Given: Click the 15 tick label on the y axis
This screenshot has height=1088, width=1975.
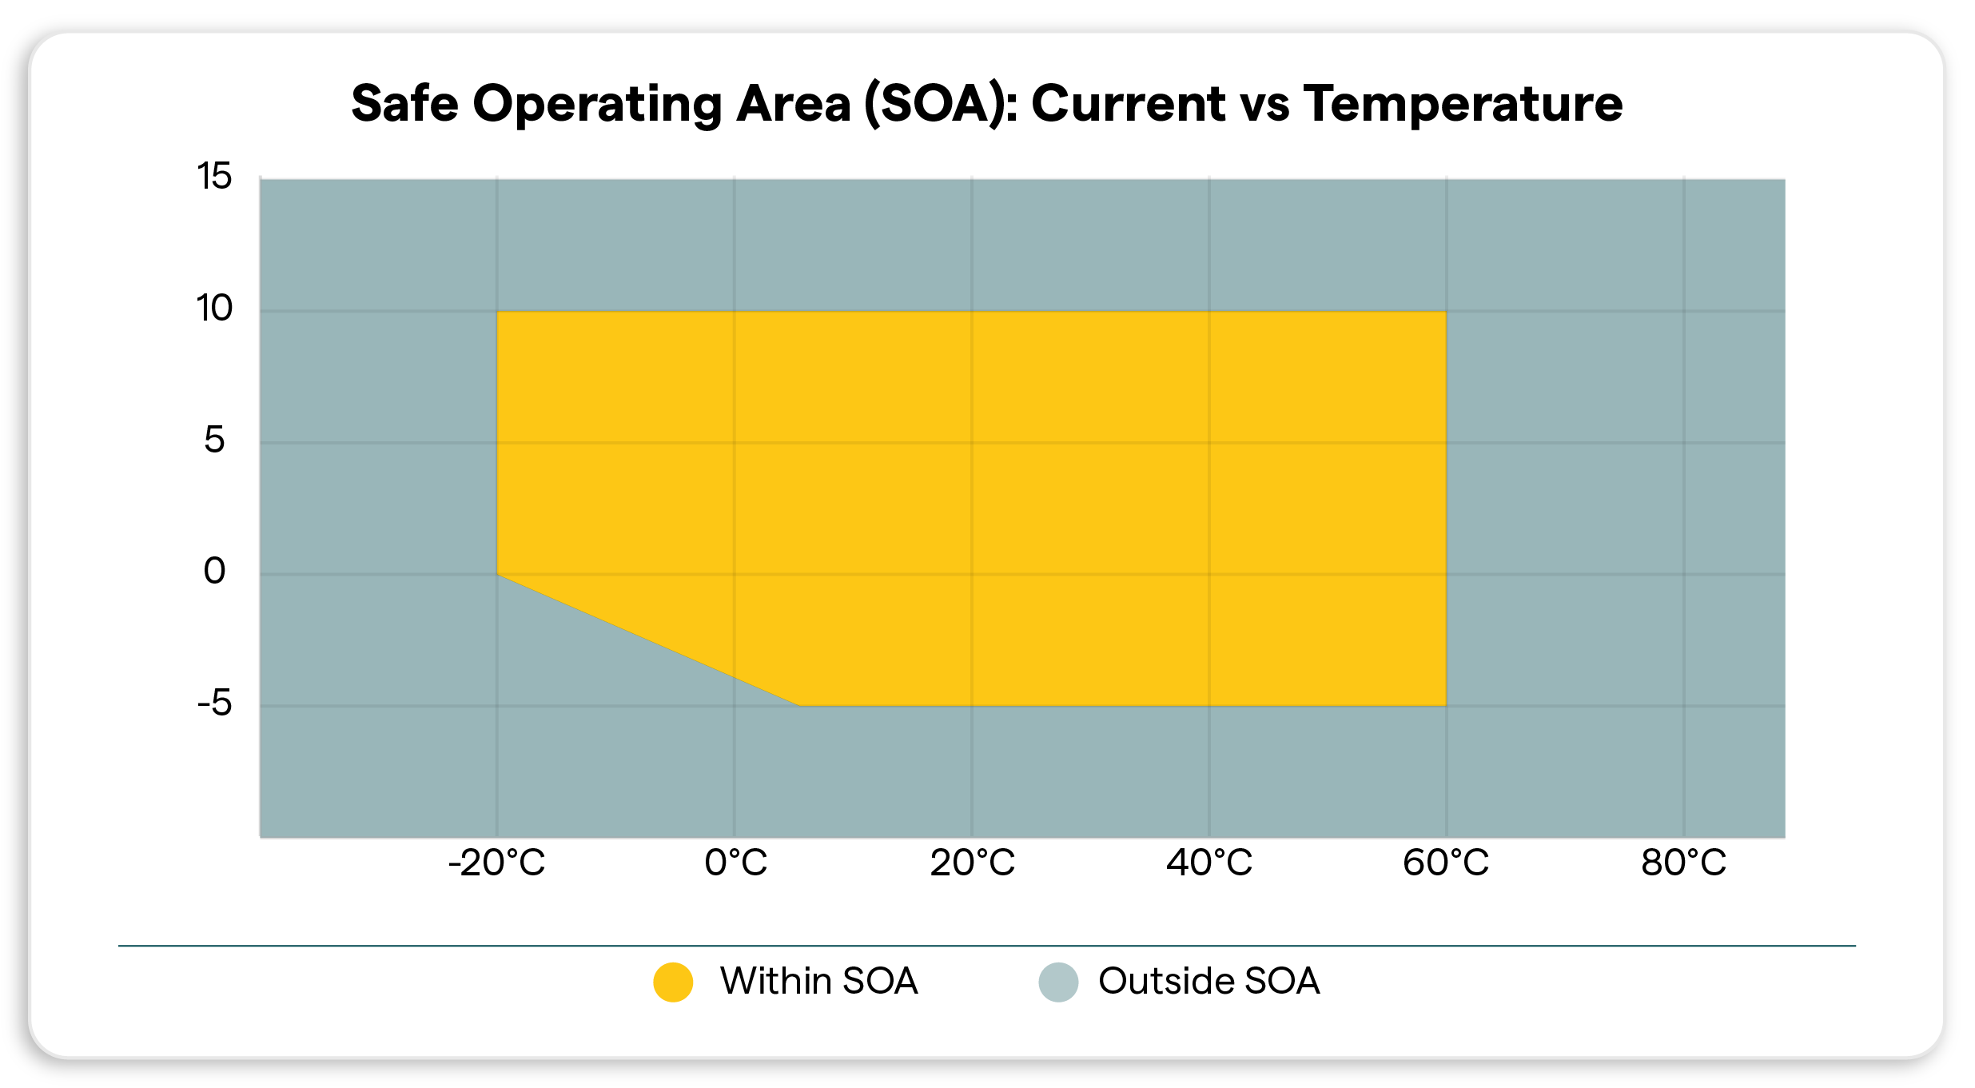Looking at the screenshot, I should (x=214, y=176).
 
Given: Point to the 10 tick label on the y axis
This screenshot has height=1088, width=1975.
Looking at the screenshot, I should (x=214, y=308).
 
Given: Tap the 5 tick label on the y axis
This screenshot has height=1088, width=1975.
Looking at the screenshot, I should (x=214, y=440).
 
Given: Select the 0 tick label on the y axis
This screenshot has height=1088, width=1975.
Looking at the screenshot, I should (x=214, y=571).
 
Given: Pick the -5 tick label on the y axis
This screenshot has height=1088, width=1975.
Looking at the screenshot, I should (x=214, y=703).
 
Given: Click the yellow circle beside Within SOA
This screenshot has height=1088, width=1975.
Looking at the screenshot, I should (x=673, y=982).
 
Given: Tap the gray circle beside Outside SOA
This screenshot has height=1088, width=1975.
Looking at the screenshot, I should (x=1058, y=982).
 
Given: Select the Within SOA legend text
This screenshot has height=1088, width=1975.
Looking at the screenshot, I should (x=818, y=981).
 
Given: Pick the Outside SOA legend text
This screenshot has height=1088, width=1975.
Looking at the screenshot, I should (x=1208, y=981).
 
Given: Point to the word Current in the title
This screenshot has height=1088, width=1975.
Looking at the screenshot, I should (x=1128, y=104).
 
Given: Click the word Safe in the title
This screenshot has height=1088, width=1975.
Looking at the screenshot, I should (x=404, y=104).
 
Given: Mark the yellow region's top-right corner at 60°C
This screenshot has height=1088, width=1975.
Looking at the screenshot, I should (x=1445, y=312).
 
